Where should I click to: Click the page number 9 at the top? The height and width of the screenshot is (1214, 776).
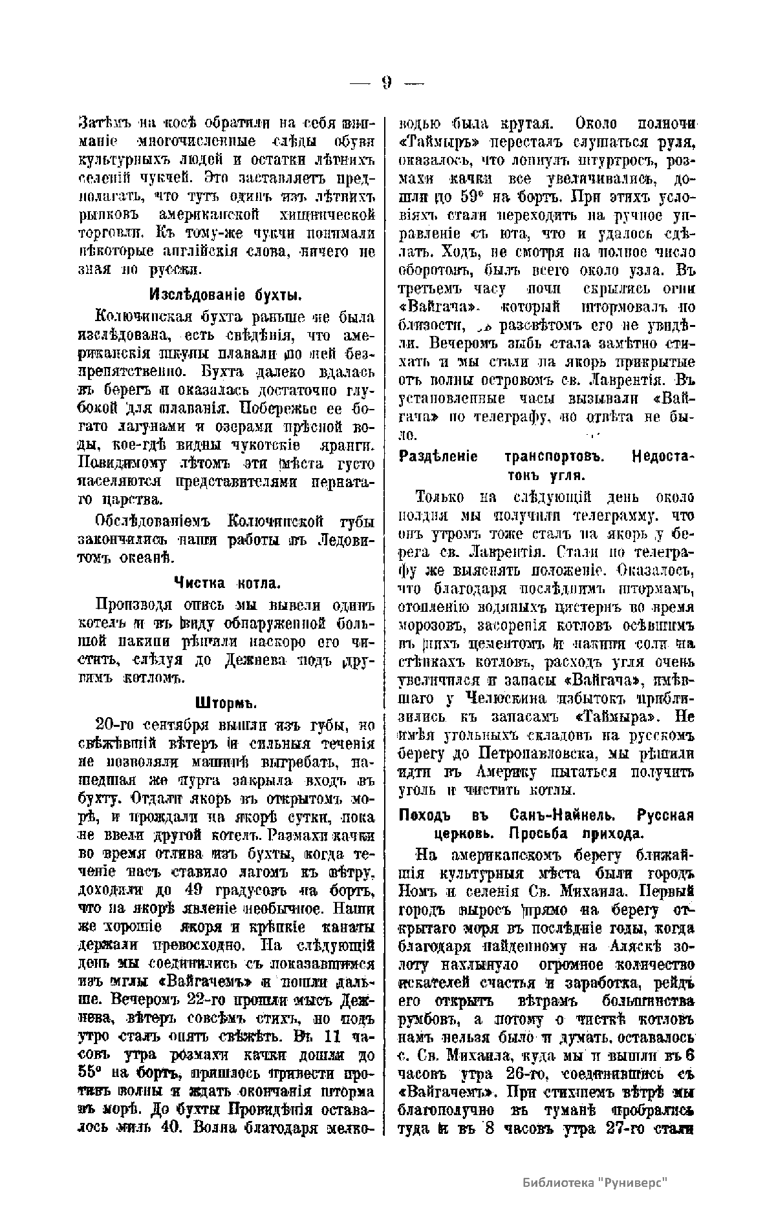pos(387,82)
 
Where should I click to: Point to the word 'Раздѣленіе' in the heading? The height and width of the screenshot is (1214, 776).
pos(438,457)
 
